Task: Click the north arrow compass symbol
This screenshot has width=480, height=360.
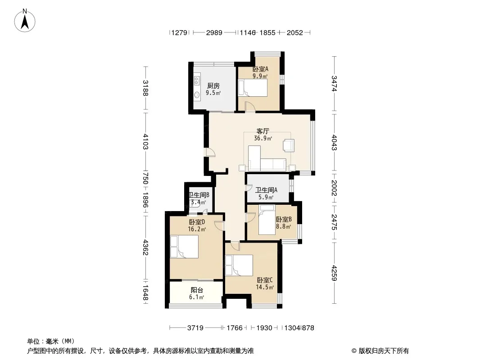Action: (x=25, y=21)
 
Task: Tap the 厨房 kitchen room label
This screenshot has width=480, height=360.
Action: (x=213, y=85)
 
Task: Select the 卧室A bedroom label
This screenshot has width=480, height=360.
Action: (x=260, y=69)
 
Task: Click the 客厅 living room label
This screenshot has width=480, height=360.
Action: (x=263, y=131)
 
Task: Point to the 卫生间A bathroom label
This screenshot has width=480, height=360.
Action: (x=266, y=190)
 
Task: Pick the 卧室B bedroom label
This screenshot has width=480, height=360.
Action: (x=284, y=219)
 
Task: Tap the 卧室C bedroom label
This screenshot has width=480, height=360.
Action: (x=265, y=280)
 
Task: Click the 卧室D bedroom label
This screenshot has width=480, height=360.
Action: (x=197, y=222)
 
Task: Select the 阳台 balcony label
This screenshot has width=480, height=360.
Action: (x=197, y=290)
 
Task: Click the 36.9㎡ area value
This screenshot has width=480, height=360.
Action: (x=263, y=138)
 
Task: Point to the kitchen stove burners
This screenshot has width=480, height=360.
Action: (x=197, y=80)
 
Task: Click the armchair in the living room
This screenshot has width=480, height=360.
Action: (x=288, y=145)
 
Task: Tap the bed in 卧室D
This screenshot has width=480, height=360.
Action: (x=184, y=247)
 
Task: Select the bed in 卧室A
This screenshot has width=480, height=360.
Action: (x=253, y=88)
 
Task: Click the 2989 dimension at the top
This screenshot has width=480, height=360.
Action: (x=214, y=32)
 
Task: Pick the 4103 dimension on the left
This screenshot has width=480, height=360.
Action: (x=145, y=141)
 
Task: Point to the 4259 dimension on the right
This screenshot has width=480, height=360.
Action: (x=334, y=273)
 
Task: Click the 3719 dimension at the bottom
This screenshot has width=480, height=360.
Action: (x=195, y=328)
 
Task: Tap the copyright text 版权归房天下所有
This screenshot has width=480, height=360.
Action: (x=384, y=351)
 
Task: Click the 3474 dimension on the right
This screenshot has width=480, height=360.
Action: (x=334, y=84)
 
